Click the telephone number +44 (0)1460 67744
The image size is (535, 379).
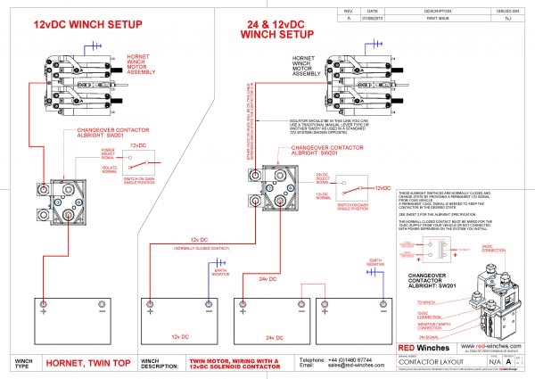(x=331, y=358)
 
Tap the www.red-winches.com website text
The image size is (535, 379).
(x=487, y=343)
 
